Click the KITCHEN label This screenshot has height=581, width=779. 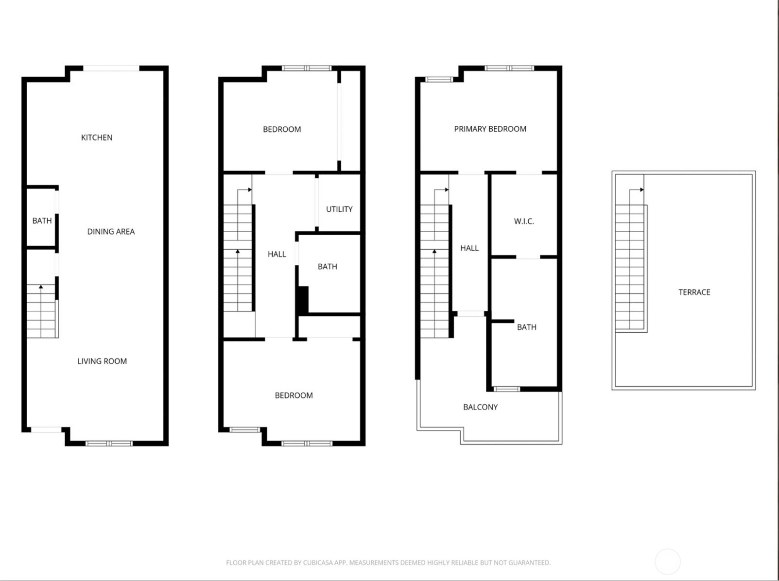97,137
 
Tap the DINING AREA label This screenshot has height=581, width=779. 111,232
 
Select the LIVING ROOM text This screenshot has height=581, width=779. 102,361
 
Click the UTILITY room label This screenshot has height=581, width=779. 339,209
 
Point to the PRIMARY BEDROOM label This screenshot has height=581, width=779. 490,129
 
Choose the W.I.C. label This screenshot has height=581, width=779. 524,222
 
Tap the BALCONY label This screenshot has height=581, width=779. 480,407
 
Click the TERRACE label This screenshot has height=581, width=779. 694,292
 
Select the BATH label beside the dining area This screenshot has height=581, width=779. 42,221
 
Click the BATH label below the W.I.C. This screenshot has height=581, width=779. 526,327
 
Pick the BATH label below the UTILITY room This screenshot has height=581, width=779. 327,266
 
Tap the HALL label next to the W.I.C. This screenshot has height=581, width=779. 469,248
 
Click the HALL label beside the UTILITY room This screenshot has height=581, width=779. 277,254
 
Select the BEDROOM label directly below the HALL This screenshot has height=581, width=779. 294,395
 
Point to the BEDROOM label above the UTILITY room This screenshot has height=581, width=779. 282,129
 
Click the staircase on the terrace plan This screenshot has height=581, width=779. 630,267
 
